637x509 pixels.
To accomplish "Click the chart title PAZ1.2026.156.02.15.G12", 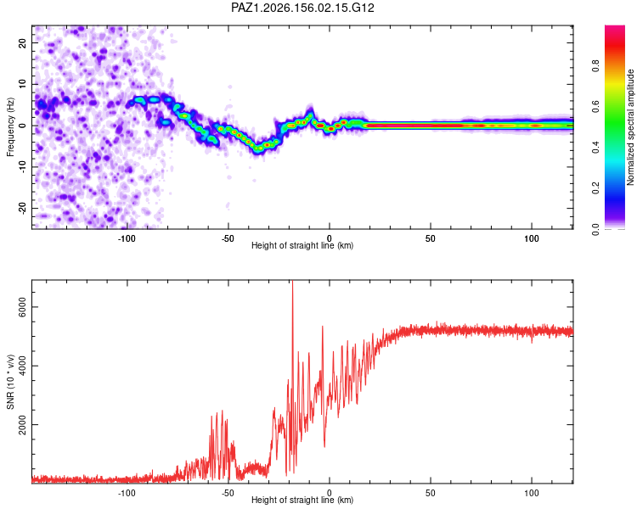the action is (302, 8).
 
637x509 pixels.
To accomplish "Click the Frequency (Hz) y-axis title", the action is (10, 127).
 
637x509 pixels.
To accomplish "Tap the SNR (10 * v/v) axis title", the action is (10, 382).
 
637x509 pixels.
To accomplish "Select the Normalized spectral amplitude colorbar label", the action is (630, 127).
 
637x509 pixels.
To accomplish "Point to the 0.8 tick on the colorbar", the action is (595, 65).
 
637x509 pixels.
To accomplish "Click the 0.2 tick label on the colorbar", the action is (595, 188).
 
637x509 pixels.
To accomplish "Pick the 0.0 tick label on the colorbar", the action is (595, 229).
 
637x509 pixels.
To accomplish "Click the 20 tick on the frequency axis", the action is (22, 43).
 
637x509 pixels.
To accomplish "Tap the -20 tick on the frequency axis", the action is (22, 209).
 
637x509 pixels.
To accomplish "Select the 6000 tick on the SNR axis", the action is (22, 307).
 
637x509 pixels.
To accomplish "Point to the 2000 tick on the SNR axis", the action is (22, 424).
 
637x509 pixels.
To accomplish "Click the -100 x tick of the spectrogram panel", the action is (127, 238).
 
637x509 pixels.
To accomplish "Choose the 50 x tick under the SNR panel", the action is (431, 493).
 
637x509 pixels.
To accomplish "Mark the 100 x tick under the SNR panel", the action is (532, 493).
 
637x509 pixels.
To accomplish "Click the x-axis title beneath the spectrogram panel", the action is (302, 245).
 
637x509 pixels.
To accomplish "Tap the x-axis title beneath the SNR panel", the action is (302, 500).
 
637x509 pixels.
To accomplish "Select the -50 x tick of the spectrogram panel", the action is (228, 238).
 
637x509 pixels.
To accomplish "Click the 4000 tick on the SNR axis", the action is (22, 366).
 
